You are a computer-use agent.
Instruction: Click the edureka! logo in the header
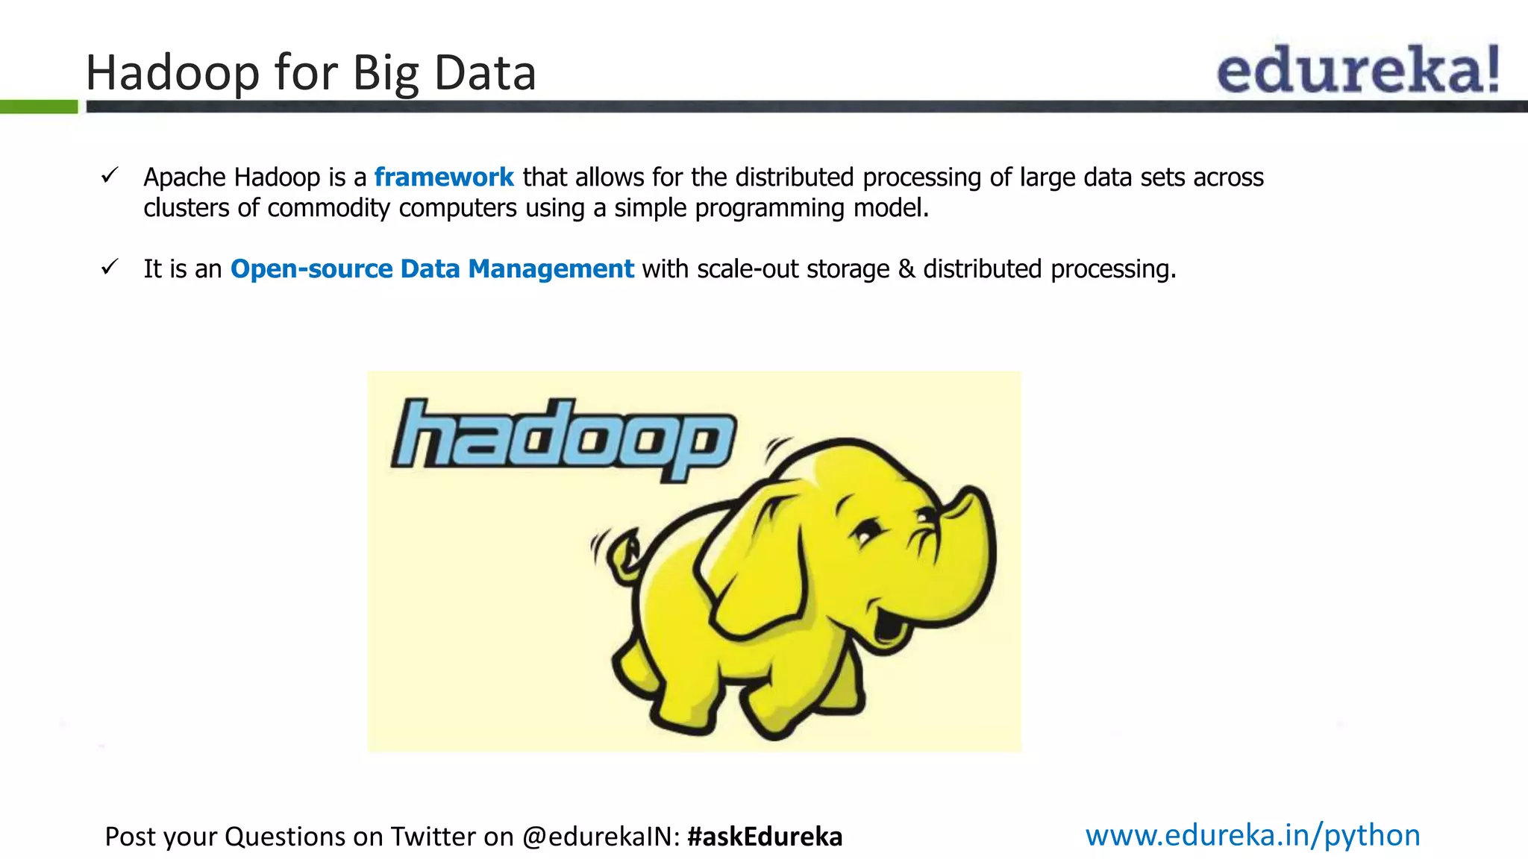[1357, 69]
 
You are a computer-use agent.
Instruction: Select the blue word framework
[444, 177]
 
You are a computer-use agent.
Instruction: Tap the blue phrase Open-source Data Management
[432, 268]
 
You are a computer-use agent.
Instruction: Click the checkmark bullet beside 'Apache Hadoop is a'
[110, 176]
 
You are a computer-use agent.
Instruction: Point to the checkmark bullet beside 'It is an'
[110, 267]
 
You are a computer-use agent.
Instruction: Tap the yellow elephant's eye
[866, 532]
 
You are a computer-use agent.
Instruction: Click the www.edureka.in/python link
[1253, 835]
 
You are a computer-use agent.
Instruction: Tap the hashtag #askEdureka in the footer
[765, 837]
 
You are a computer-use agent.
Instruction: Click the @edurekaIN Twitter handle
[601, 837]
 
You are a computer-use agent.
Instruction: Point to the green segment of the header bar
[39, 107]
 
